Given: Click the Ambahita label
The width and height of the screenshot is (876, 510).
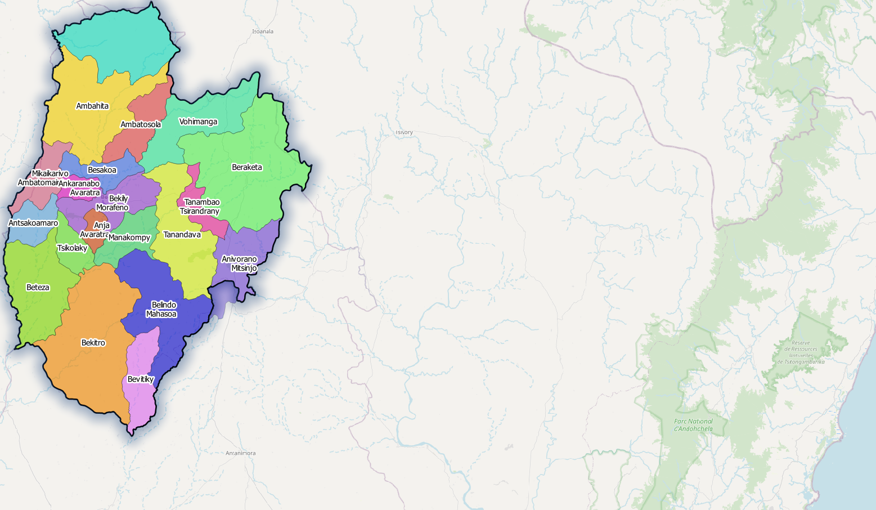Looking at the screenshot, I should (92, 106).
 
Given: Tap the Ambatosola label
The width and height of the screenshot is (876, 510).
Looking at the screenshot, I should (141, 124).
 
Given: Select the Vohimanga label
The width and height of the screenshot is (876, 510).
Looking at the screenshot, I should (198, 122).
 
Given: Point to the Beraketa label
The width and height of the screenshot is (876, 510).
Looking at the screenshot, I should (247, 167).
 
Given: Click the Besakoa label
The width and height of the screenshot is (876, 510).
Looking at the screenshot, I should (102, 170).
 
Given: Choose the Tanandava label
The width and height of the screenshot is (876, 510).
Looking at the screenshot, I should (182, 235).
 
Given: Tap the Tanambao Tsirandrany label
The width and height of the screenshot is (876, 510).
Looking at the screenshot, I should (200, 207).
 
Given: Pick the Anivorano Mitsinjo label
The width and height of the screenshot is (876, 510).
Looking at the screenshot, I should (240, 263).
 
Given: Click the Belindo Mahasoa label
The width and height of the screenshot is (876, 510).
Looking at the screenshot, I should (162, 310).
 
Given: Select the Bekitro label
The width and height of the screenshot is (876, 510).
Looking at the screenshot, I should (93, 343).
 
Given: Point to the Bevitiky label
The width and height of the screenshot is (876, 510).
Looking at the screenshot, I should (141, 379).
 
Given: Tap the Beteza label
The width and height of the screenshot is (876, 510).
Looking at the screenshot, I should (38, 288).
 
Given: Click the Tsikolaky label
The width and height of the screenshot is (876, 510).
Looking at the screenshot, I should (72, 248).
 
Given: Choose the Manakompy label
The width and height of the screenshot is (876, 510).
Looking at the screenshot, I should (129, 238).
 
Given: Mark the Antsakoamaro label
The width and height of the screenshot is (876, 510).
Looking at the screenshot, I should (33, 223).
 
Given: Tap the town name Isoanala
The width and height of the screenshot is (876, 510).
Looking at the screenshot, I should (263, 32).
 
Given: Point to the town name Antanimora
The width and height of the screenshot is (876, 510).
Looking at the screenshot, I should (240, 453).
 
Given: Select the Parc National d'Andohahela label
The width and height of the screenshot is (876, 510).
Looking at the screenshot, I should (693, 425).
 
